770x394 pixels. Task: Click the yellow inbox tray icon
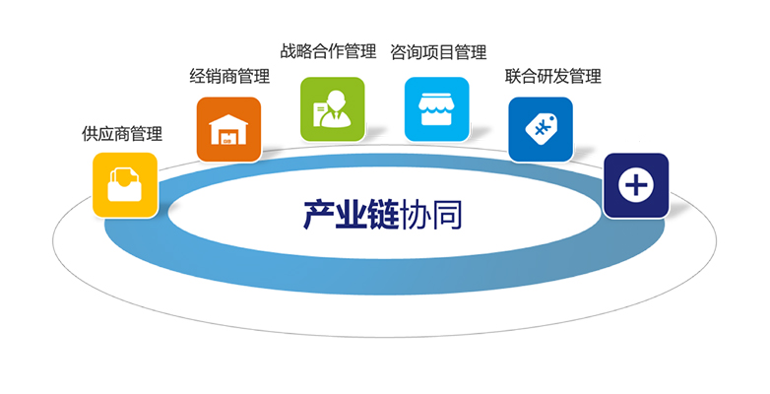coord(125,185)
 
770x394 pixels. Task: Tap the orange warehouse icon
coord(228,129)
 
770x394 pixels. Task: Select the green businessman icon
coord(333,109)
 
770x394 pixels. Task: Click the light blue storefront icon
coord(436,109)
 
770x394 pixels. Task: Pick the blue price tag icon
coord(541,129)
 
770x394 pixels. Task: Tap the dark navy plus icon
coord(636,185)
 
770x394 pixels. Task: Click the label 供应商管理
coord(122,134)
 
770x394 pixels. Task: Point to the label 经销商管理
coord(229,76)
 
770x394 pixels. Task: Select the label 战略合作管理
coord(328,51)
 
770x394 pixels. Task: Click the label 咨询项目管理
coord(438,52)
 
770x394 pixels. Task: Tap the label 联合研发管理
coord(553,76)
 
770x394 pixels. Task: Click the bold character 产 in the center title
coord(319,215)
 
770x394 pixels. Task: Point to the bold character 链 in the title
coord(383,215)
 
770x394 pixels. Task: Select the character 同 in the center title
coord(446,215)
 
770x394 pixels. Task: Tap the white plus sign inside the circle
coord(636,185)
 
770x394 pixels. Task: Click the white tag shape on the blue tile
coord(542,129)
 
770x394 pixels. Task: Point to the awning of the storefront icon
coord(436,101)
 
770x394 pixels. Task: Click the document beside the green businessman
coord(320,113)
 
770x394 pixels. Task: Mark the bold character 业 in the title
coord(352,215)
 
